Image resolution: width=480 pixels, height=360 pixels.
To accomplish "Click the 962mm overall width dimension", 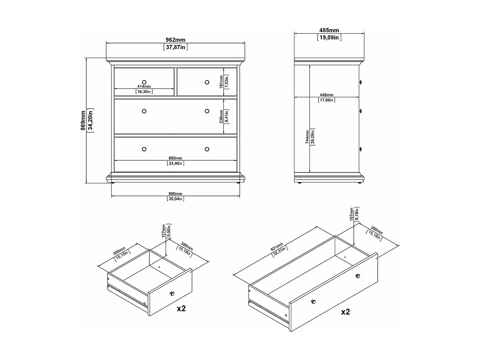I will (x=175, y=40).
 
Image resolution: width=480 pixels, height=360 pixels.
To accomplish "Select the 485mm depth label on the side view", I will (x=329, y=30).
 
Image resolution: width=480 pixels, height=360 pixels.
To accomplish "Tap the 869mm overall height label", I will (x=83, y=120).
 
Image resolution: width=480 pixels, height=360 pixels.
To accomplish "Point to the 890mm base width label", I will (x=175, y=194).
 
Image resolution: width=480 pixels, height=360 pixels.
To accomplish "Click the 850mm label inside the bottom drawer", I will (x=175, y=158).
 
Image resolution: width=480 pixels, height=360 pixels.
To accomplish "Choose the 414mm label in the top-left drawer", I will (x=144, y=87).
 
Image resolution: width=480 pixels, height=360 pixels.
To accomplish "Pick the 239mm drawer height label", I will (x=221, y=116).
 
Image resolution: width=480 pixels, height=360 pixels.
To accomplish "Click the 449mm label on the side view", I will (x=326, y=95).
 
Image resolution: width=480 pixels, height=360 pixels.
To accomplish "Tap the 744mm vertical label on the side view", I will (x=307, y=137).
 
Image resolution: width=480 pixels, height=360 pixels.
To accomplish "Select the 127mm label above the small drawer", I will (x=164, y=231).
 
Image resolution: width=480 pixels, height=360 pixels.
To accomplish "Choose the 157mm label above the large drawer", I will (x=351, y=214).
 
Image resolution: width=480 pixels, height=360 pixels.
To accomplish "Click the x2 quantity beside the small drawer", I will (x=181, y=309).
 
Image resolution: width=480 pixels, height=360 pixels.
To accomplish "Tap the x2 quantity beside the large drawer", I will (x=345, y=312).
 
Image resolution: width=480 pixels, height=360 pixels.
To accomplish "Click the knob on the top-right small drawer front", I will (x=207, y=82).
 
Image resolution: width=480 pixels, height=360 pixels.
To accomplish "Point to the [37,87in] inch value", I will (x=175, y=47).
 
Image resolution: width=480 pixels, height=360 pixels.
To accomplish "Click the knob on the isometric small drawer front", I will (x=172, y=293).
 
